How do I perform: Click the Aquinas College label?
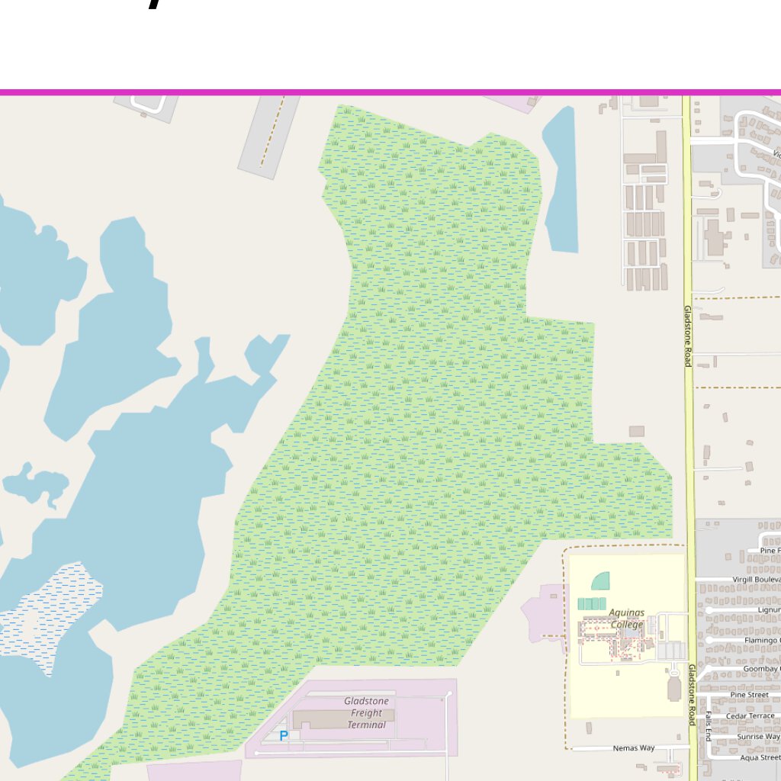[626, 619]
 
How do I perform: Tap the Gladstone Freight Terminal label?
[366, 712]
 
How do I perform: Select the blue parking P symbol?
[284, 736]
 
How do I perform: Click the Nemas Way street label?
[634, 748]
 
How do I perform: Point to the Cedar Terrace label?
[750, 716]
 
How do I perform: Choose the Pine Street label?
[749, 695]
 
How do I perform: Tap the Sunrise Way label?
[758, 737]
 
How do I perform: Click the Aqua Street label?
[760, 757]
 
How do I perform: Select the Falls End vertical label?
[708, 726]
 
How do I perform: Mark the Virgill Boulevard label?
[756, 580]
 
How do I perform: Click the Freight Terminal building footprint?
[343, 719]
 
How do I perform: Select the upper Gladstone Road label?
[687, 336]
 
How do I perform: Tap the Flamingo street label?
[762, 640]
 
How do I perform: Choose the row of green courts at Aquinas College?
[592, 603]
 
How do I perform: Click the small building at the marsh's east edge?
[636, 432]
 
